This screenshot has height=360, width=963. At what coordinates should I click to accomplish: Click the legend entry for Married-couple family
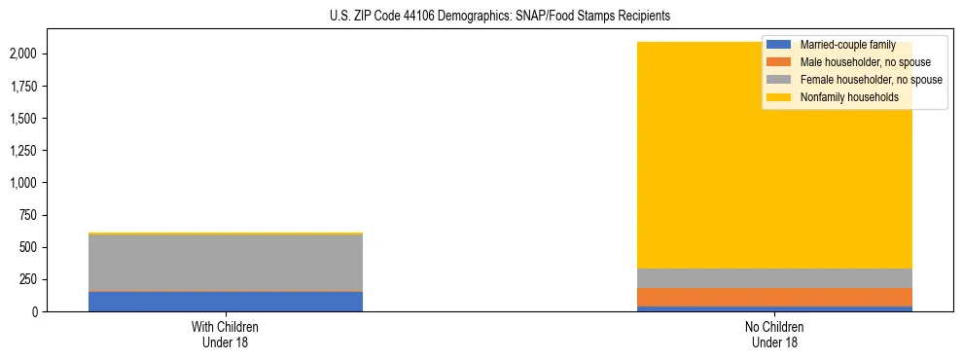point(847,45)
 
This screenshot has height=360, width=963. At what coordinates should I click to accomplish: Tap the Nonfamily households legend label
point(849,97)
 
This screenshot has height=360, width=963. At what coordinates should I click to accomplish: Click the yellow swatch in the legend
point(779,97)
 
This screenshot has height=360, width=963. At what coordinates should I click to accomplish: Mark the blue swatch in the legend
point(779,45)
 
